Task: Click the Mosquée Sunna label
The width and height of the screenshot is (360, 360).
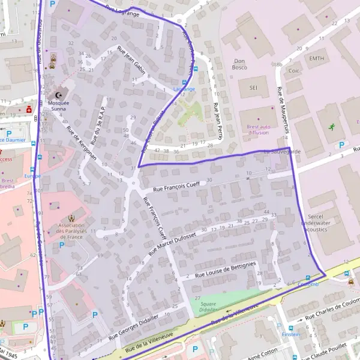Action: [58, 107]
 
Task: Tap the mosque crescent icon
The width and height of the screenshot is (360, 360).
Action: [58, 95]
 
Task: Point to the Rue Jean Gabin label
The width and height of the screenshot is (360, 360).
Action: [132, 58]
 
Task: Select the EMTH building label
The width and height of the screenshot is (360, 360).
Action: [316, 59]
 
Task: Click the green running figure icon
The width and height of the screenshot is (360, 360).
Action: [332, 127]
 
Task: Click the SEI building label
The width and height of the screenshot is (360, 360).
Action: [254, 86]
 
